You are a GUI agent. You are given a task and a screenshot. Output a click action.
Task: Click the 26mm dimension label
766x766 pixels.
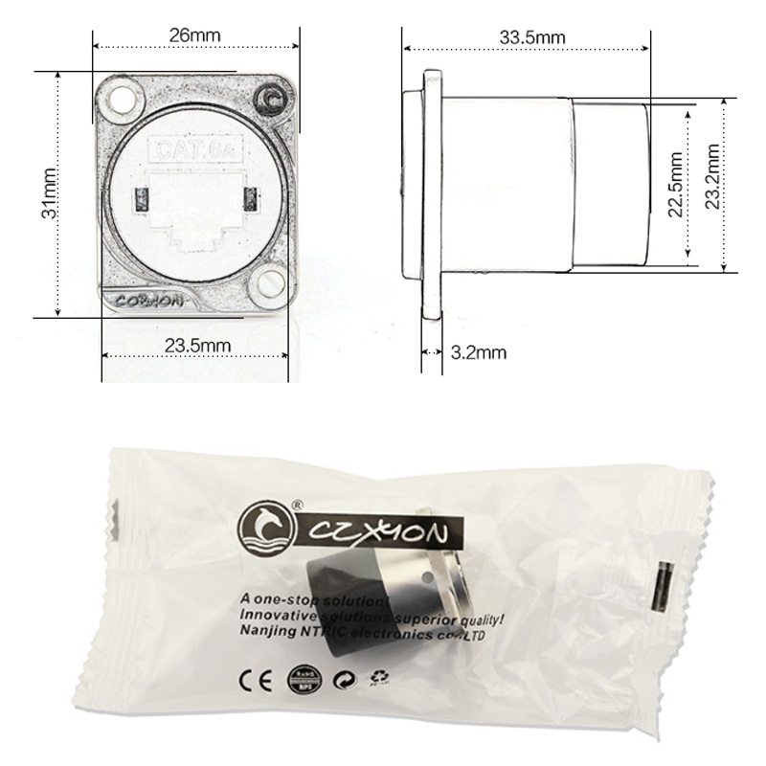(x=194, y=35)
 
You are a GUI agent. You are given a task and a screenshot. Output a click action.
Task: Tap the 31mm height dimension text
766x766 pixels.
(x=46, y=193)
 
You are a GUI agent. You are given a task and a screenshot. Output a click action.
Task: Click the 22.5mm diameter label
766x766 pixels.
(x=674, y=185)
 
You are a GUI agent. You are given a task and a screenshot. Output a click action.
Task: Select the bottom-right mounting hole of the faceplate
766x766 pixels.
(x=268, y=282)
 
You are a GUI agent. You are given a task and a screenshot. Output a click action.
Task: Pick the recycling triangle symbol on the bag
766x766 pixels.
(x=382, y=678)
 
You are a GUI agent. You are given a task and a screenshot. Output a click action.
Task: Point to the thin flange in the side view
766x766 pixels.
(x=433, y=191)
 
